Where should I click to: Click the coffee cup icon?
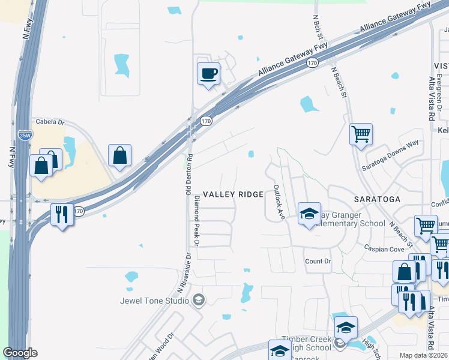(x=208, y=74)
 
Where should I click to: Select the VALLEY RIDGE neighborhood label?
(x=233, y=194)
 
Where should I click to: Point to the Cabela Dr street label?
(x=50, y=122)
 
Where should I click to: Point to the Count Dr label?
(x=318, y=262)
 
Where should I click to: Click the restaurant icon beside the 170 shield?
(x=62, y=214)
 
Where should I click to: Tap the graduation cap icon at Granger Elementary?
(x=309, y=214)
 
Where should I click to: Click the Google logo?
(x=20, y=353)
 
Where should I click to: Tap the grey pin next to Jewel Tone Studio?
(x=199, y=299)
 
